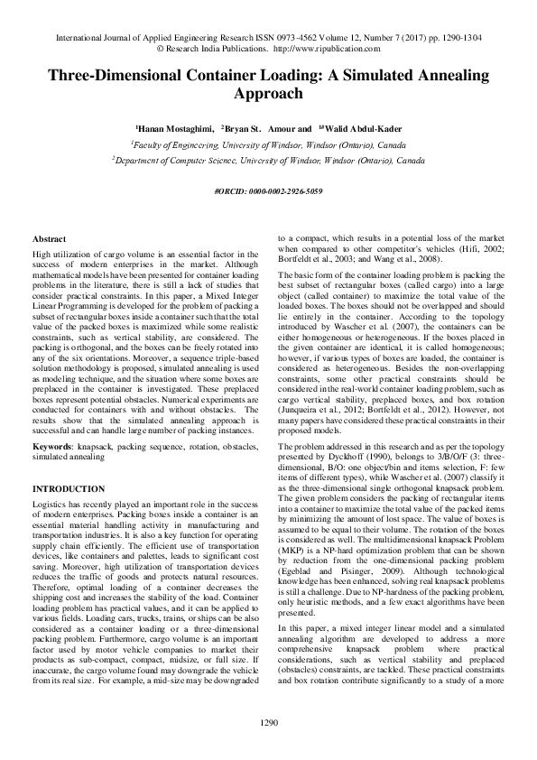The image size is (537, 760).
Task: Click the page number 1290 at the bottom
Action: pyautogui.click(x=268, y=721)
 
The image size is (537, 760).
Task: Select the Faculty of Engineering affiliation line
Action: pyautogui.click(x=268, y=144)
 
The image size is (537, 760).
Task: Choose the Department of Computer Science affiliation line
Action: pyautogui.click(x=268, y=160)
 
